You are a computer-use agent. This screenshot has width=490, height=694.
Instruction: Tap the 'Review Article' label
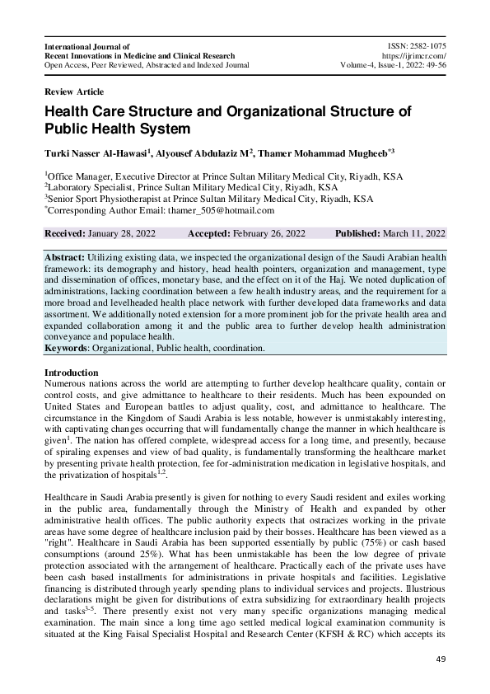click(74, 91)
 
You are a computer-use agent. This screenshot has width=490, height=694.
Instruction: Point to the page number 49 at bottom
click(440, 660)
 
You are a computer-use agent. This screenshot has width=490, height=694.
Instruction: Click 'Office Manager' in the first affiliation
click(80, 176)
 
